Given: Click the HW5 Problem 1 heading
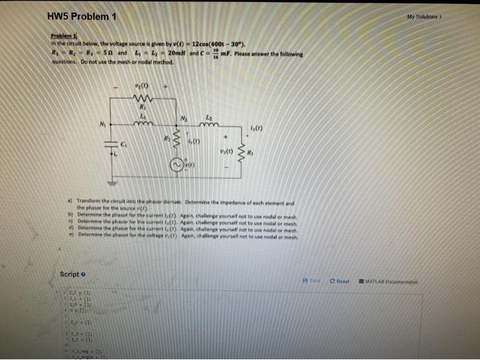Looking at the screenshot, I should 82,16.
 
